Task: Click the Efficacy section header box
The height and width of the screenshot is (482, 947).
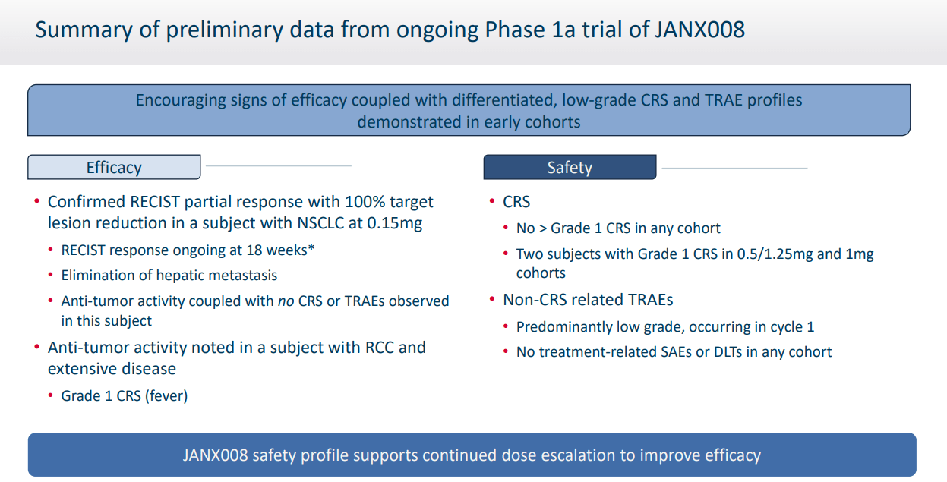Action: (x=114, y=167)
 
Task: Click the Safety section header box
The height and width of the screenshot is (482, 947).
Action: (x=570, y=167)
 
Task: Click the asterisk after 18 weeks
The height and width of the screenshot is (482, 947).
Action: (x=311, y=247)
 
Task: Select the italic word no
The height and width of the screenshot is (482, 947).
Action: (x=285, y=301)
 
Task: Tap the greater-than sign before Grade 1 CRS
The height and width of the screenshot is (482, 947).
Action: (x=541, y=228)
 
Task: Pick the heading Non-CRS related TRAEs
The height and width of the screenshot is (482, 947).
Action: (x=588, y=300)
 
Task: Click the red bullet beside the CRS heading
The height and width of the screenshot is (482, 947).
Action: (x=491, y=202)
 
